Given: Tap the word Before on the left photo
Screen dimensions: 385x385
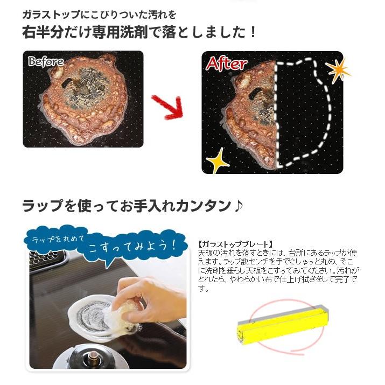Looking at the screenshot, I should tap(45, 61).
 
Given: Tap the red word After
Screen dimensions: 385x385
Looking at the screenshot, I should tap(226, 64).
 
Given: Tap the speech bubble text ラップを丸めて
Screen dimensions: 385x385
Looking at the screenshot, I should tap(56, 237).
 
